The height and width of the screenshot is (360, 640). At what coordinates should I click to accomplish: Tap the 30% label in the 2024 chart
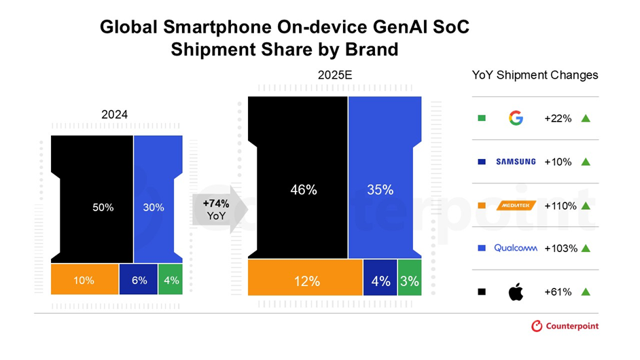154,208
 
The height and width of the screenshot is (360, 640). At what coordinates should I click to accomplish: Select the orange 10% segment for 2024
84,280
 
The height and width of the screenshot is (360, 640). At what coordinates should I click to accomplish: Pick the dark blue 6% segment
139,280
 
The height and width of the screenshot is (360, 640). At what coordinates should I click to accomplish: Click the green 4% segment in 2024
171,280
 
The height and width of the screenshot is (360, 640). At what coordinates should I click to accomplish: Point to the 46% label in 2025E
304,190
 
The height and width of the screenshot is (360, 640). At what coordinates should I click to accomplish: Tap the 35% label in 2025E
380,190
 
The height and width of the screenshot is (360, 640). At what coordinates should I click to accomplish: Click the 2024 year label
114,115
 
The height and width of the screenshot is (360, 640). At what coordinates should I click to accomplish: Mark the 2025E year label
335,75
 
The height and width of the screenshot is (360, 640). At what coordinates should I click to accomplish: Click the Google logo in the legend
516,119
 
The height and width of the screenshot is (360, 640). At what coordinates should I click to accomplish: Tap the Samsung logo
516,162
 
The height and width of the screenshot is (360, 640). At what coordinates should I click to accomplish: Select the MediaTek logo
516,205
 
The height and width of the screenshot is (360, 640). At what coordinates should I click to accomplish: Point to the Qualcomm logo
516,248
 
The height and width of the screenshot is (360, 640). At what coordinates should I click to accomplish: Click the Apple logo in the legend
516,292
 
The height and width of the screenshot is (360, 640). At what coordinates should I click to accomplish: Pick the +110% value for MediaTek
560,205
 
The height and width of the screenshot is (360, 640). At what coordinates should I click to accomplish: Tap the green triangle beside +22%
586,119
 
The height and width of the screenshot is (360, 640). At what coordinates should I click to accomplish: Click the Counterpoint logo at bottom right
565,326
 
